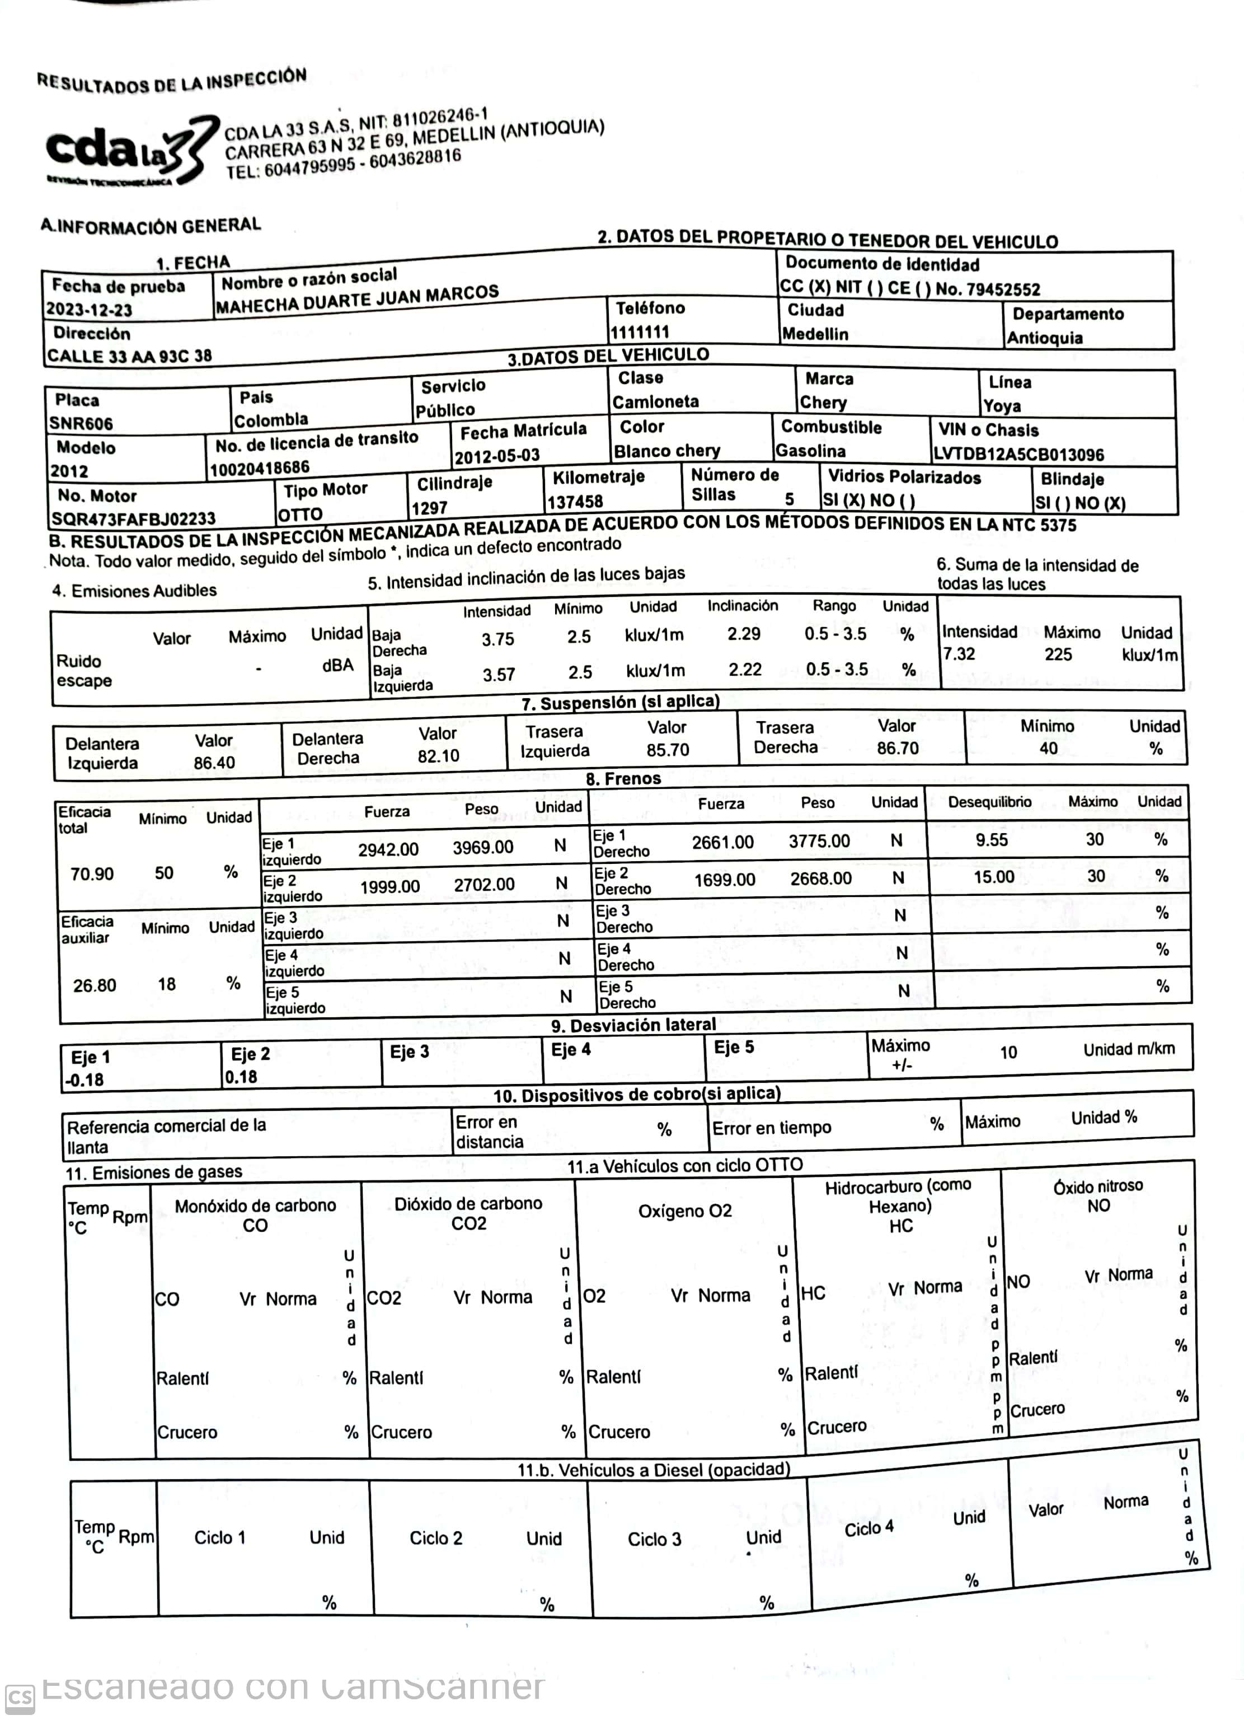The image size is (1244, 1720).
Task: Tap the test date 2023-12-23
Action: pos(88,310)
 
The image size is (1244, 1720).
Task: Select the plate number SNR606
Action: pos(81,423)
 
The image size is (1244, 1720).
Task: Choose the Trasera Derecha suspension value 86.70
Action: pos(898,749)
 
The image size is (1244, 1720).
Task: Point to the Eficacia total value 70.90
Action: pos(92,873)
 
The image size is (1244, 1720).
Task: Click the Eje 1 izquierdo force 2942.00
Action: pos(388,849)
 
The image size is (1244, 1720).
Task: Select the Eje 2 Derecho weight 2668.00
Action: pos(820,878)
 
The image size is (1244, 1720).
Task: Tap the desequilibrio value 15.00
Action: pos(994,877)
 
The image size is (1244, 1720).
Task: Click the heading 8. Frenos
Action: pos(623,778)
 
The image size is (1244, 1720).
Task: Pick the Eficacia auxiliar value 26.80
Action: pos(95,985)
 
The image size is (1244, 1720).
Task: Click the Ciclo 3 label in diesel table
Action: pos(654,1539)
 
